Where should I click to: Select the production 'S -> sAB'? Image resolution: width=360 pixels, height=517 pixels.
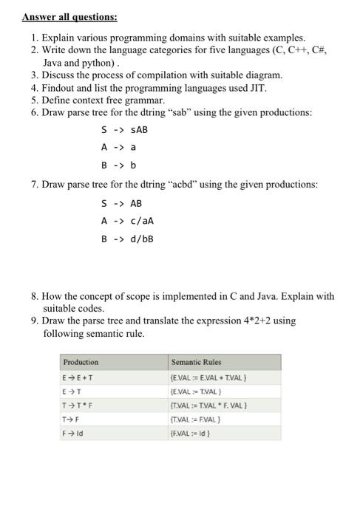pos(125,130)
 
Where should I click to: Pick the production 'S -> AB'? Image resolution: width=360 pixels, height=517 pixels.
pos(122,203)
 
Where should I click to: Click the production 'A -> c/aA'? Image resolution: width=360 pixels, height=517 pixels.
pos(128,220)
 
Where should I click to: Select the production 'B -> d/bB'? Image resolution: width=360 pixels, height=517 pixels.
pos(128,238)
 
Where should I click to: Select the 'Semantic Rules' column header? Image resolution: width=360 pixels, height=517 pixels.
pos(196,363)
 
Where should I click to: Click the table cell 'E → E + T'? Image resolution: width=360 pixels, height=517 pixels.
pos(79,378)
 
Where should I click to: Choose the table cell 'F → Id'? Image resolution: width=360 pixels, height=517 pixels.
pos(74,433)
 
